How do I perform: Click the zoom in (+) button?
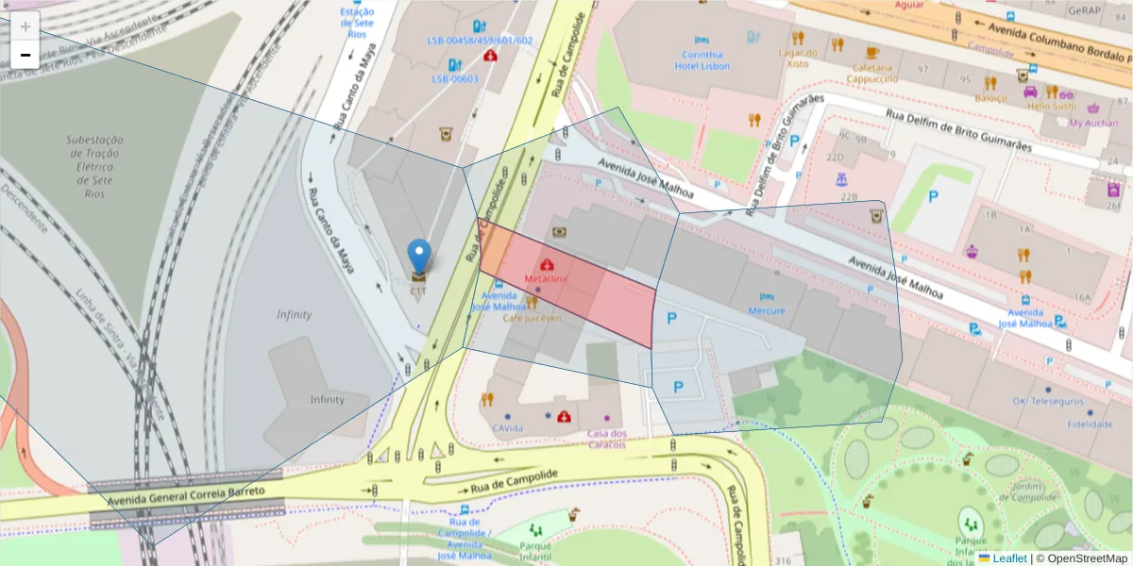click(x=25, y=26)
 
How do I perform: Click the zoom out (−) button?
click(x=25, y=55)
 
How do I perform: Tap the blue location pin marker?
click(x=418, y=255)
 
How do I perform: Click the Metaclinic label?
click(x=547, y=280)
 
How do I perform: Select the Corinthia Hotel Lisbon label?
click(x=702, y=60)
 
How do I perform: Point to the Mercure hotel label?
click(x=766, y=310)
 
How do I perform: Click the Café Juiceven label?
click(x=532, y=318)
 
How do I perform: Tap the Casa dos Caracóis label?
click(x=607, y=439)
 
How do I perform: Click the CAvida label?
click(x=507, y=428)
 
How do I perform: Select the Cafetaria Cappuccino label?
click(x=871, y=73)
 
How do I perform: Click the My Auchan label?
click(x=1093, y=123)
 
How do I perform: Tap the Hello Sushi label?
click(x=1052, y=106)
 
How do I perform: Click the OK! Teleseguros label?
click(x=1048, y=400)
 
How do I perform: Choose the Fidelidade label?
click(x=1090, y=424)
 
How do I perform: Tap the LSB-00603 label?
click(x=455, y=79)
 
